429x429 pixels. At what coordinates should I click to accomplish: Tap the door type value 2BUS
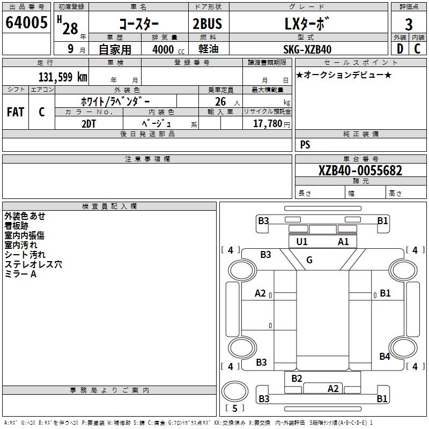coord(207,24)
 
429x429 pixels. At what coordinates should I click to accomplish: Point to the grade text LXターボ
coord(307,24)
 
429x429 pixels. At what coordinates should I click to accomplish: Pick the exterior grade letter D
coord(400,49)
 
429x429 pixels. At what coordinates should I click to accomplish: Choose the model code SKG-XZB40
coord(307,49)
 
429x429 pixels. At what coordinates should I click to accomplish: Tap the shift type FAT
coord(15,112)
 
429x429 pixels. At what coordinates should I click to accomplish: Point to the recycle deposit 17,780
coord(268,123)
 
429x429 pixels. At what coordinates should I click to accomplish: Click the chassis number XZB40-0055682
coord(360,171)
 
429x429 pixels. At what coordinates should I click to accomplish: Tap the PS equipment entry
coord(305,145)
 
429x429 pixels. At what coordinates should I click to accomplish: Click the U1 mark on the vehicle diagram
coord(302,241)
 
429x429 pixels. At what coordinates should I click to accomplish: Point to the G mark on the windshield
coord(309,260)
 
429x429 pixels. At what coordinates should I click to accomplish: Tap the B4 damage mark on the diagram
coord(384,356)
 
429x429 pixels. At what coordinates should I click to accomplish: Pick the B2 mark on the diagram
coord(297,378)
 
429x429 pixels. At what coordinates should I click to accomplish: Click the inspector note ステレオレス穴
coord(33,264)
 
